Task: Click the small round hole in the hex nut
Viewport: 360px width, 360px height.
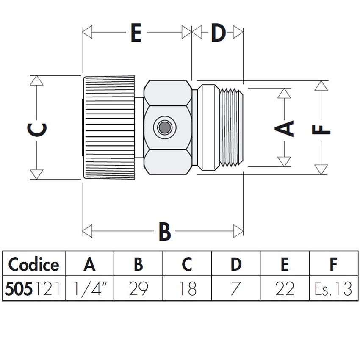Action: point(164,127)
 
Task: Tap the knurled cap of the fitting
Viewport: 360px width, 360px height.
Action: point(109,127)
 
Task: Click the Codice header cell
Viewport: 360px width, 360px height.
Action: point(34,264)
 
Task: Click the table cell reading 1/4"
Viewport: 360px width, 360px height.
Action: point(89,289)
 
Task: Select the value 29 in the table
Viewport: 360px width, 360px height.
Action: point(138,289)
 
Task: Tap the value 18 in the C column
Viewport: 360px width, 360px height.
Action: point(187,289)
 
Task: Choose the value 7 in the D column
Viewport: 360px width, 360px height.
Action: point(236,289)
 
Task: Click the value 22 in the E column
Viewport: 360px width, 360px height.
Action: point(285,289)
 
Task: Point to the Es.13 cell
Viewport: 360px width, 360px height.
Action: point(333,289)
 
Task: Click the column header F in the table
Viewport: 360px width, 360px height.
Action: point(333,264)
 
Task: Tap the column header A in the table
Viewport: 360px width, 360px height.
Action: point(89,264)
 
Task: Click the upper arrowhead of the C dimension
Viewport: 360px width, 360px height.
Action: point(37,80)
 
